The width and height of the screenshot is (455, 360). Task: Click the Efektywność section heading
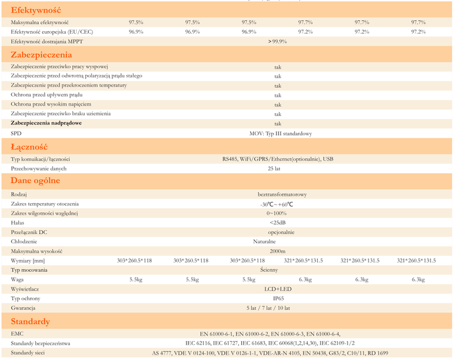36,10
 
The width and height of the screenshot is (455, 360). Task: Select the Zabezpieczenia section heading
42,55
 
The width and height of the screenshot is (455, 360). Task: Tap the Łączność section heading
29,147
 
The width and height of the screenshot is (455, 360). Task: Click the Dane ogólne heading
35,181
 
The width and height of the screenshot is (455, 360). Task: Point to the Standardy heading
31,321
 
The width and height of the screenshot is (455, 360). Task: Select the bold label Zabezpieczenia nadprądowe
46,123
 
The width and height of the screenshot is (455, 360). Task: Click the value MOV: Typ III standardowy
280,134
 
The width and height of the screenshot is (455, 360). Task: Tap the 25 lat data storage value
274,169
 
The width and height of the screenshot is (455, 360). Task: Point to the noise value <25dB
278,222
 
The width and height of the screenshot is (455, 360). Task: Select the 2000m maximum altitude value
278,251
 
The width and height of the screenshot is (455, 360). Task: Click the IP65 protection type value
278,298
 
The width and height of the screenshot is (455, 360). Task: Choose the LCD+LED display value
278,289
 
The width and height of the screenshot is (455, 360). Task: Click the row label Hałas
18,222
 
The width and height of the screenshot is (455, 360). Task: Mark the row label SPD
16,134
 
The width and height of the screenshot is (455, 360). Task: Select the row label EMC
17,334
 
